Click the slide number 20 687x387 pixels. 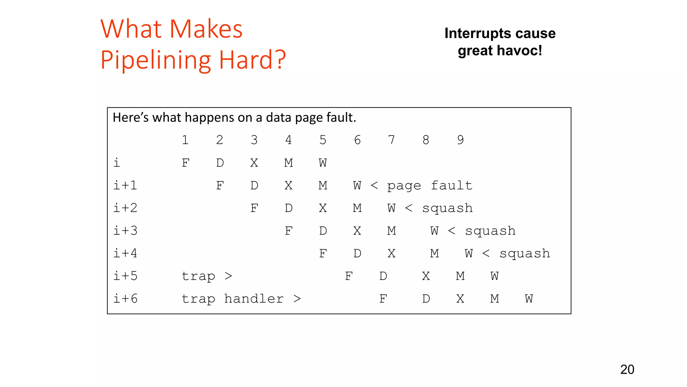coord(627,370)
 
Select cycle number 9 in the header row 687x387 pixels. coord(460,140)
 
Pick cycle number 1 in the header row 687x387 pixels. coord(185,140)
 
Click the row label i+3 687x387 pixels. coord(125,231)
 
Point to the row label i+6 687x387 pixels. coord(125,299)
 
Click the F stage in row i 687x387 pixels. coord(186,163)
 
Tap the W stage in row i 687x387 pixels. coord(323,163)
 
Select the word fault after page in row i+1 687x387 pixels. coord(452,185)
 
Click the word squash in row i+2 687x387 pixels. coord(447,208)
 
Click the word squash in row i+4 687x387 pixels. coord(525,253)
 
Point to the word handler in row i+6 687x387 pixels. coord(254,299)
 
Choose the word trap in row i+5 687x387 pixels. coord(198,276)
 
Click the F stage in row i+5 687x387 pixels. coord(349,276)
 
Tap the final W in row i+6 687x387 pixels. coord(529,299)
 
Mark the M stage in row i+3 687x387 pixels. coord(391,231)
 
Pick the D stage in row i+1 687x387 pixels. coord(254,185)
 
